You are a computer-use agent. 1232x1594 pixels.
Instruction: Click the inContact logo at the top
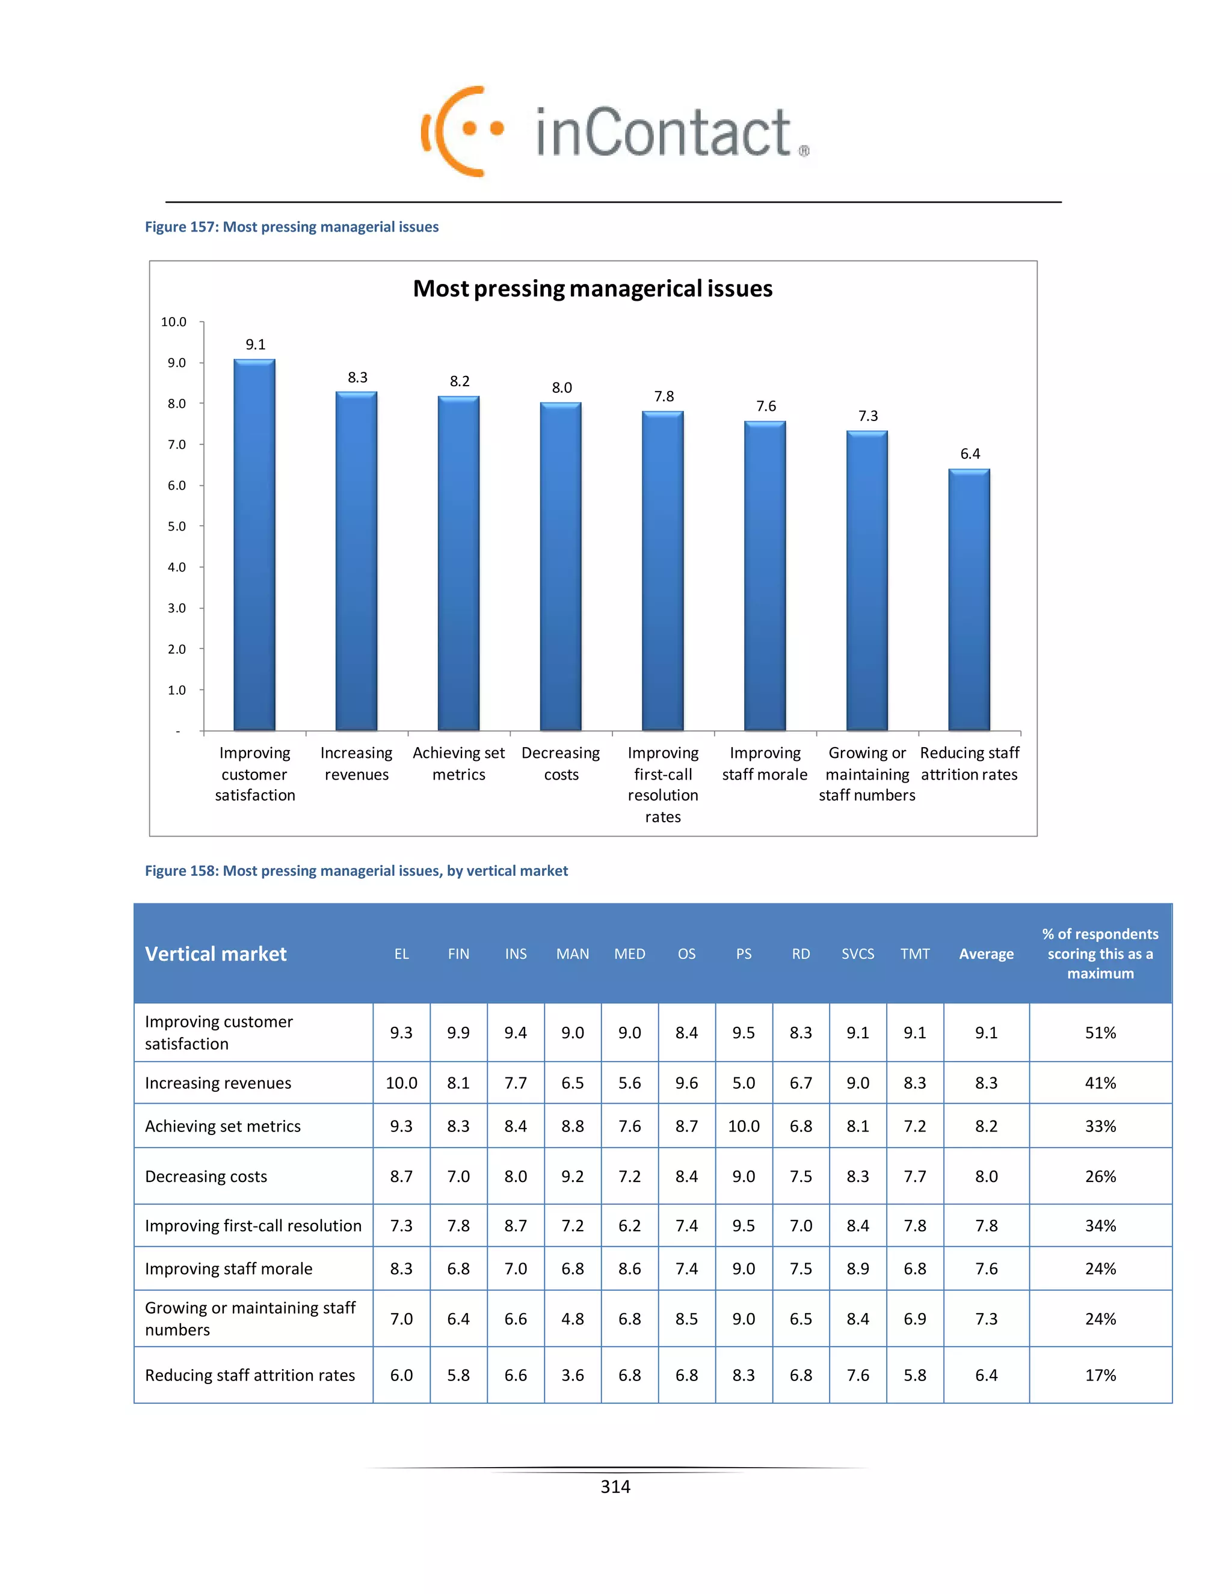(x=615, y=131)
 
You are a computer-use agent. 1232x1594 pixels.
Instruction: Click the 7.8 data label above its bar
(x=664, y=396)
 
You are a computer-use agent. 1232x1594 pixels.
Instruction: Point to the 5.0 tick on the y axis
(x=177, y=526)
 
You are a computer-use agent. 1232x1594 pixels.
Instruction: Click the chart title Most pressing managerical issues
(x=593, y=288)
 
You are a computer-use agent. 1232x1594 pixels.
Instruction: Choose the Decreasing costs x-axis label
(x=561, y=763)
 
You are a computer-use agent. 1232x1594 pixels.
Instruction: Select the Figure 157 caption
(x=291, y=227)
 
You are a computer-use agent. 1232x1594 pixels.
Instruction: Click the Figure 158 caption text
(x=356, y=871)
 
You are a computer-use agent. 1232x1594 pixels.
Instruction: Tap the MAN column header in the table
(x=572, y=954)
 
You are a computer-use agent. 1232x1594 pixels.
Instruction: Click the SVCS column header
(x=858, y=954)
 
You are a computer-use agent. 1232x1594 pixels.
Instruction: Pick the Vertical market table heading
(x=215, y=954)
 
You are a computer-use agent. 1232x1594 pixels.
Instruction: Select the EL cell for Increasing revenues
(x=401, y=1083)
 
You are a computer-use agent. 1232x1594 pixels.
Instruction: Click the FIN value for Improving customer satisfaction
(x=458, y=1033)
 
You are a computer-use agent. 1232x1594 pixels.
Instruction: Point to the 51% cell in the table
(x=1100, y=1033)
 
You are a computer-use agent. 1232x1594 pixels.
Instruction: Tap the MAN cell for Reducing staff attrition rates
(x=572, y=1375)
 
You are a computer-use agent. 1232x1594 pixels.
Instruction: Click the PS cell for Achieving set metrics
(x=744, y=1126)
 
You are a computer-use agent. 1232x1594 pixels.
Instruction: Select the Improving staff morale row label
(x=229, y=1269)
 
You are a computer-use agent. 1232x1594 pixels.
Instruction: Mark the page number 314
(x=615, y=1487)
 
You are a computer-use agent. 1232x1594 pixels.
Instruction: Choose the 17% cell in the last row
(x=1100, y=1375)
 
